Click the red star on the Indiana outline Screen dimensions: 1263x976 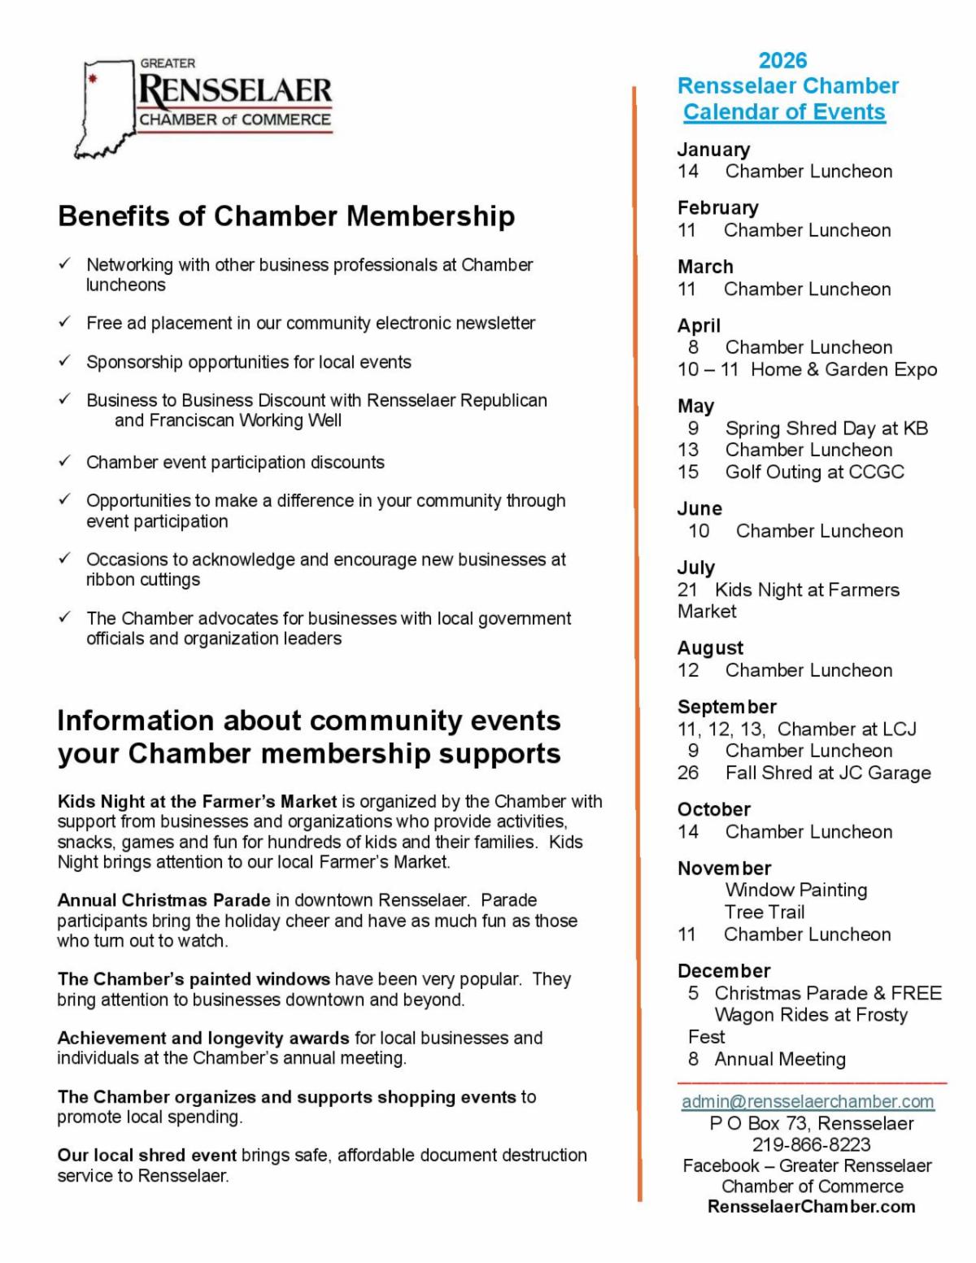[93, 80]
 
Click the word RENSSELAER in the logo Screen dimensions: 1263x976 [235, 90]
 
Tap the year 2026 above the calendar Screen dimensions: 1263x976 [782, 60]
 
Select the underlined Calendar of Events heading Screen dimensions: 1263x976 [784, 112]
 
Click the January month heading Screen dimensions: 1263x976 [713, 150]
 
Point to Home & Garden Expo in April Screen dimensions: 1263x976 [843, 370]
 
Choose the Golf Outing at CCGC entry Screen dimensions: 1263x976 [814, 473]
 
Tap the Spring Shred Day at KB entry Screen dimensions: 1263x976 [826, 429]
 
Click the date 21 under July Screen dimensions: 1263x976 [687, 590]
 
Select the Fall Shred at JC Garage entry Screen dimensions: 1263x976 [828, 773]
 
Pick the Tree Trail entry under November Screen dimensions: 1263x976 [765, 912]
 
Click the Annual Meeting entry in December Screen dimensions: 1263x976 [780, 1060]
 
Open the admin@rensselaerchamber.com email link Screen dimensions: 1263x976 [808, 1102]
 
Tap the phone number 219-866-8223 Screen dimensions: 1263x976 [811, 1145]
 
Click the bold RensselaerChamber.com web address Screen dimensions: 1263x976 [811, 1208]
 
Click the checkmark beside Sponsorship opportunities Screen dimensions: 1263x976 [64, 361]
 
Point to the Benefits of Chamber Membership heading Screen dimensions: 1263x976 [286, 216]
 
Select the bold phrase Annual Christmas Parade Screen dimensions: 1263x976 [163, 901]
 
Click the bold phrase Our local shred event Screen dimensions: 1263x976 [147, 1156]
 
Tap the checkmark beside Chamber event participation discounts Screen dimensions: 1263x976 [64, 461]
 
